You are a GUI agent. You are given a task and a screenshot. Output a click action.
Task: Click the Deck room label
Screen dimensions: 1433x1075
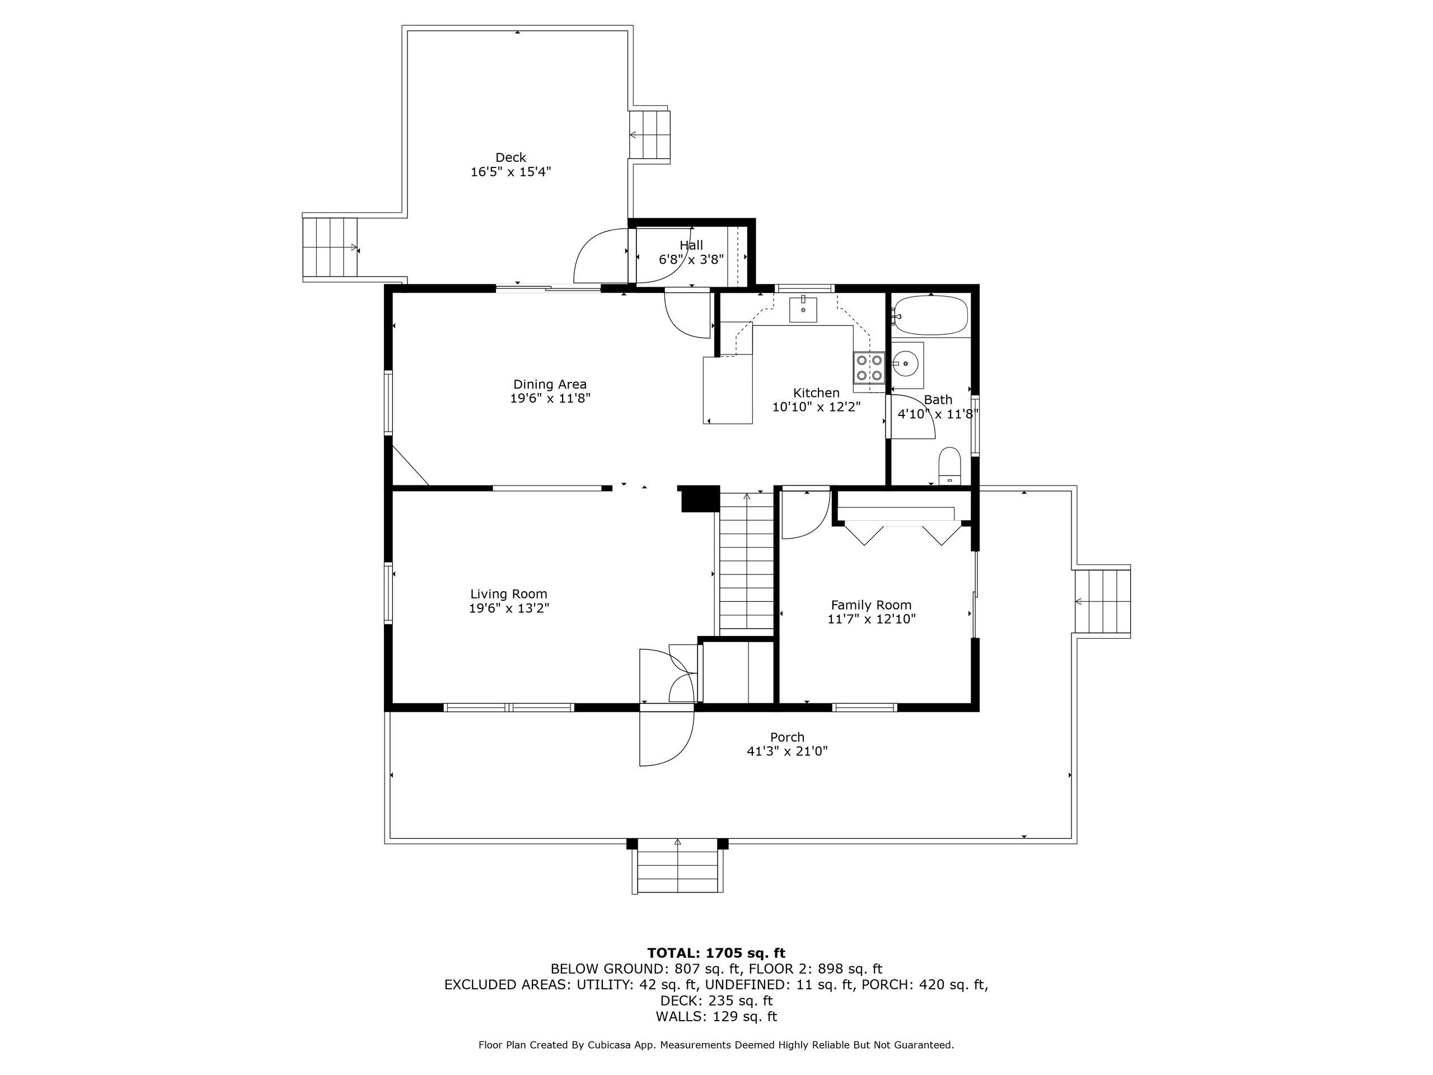click(x=511, y=157)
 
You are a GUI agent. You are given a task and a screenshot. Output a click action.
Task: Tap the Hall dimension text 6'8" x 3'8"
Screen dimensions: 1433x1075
click(x=691, y=260)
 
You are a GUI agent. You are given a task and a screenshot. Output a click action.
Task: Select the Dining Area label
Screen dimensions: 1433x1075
click(x=550, y=384)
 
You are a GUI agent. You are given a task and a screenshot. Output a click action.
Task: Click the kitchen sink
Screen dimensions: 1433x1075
click(x=803, y=309)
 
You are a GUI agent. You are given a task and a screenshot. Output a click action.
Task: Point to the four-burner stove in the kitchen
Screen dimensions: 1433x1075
click(x=869, y=368)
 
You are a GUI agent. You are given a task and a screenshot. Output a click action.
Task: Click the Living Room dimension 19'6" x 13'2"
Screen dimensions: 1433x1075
click(x=509, y=609)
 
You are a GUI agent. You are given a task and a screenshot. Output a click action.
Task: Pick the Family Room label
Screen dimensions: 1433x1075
click(x=872, y=605)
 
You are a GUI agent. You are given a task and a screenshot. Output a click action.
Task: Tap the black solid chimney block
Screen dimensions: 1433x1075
click(x=699, y=498)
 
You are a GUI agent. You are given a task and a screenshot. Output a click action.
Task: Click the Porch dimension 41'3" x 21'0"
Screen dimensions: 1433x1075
click(x=787, y=751)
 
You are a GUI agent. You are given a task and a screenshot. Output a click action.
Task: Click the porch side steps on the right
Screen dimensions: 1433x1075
click(x=1103, y=602)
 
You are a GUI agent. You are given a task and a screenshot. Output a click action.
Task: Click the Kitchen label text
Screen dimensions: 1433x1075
click(x=816, y=392)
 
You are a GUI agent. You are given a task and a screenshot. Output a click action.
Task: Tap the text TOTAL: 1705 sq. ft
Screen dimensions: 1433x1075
click(x=716, y=953)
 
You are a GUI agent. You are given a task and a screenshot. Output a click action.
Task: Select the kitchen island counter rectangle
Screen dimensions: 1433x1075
click(x=728, y=390)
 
